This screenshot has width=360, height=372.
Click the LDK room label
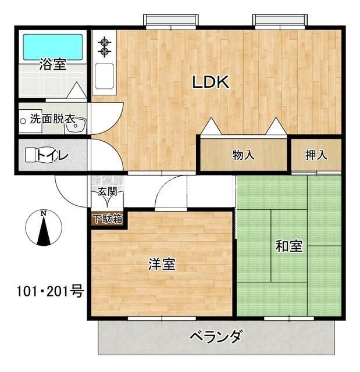coord(212,82)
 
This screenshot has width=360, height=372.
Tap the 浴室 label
coord(52,65)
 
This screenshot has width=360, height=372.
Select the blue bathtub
coord(52,46)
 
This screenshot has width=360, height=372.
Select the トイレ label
coord(53,155)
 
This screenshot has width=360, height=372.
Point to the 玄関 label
coord(106,191)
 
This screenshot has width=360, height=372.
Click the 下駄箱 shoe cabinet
coord(106,219)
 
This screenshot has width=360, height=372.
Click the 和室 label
coord(288,246)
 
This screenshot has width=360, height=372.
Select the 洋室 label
coord(162,264)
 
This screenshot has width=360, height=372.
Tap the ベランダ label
coord(216,337)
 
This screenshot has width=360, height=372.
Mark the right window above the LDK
coord(280,21)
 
